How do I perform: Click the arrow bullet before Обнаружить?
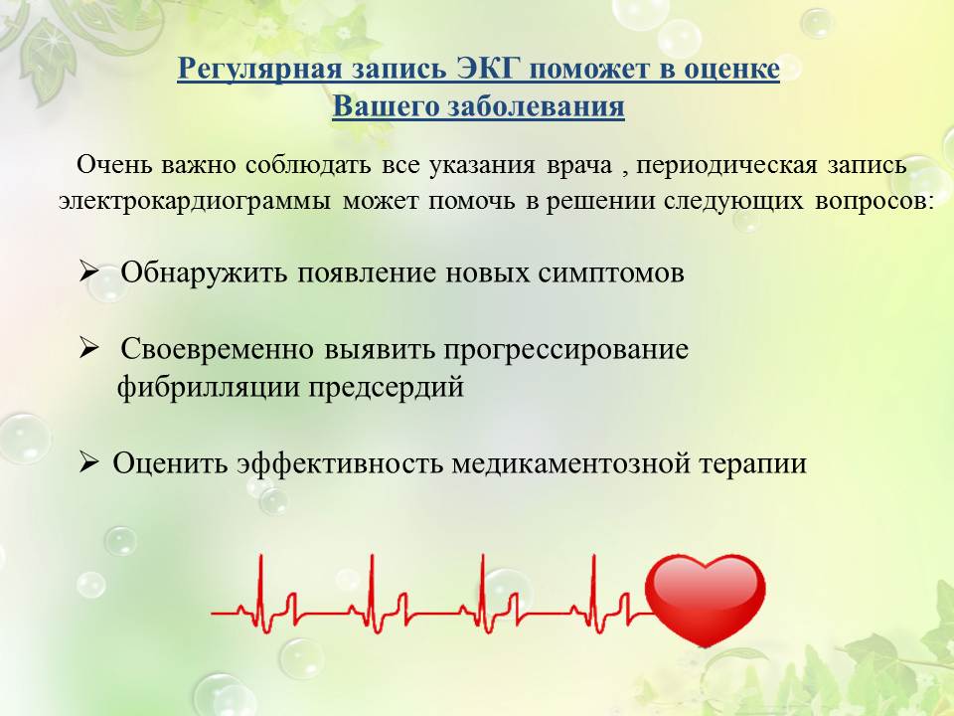point(88,271)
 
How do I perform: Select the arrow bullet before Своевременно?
point(88,349)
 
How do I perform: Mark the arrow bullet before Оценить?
point(88,462)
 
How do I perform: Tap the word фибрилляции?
point(207,388)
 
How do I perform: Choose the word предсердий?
point(386,388)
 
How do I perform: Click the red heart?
point(705,597)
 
